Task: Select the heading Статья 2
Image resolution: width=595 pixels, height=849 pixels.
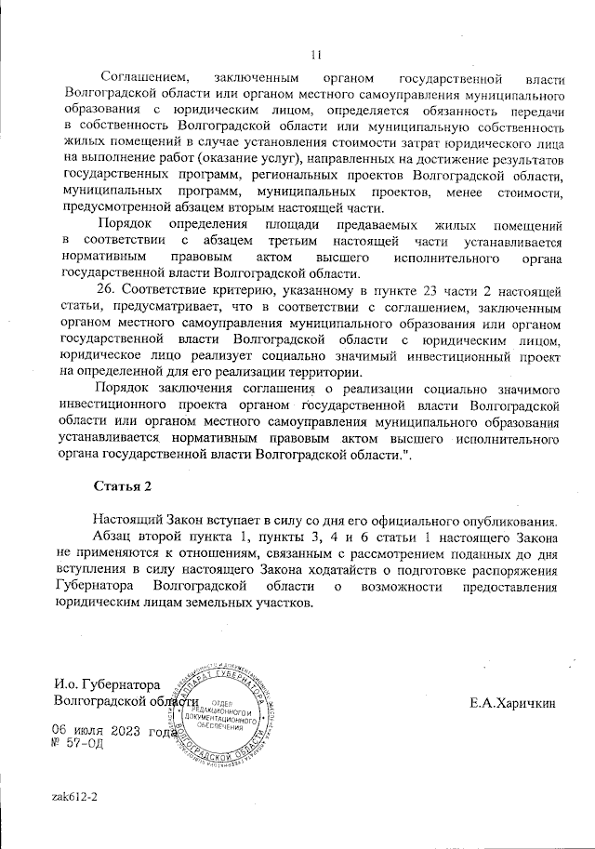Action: (x=123, y=486)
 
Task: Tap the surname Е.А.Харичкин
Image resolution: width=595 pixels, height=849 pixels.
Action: (x=513, y=705)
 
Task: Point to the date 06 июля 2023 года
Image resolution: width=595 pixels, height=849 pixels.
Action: (x=112, y=731)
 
